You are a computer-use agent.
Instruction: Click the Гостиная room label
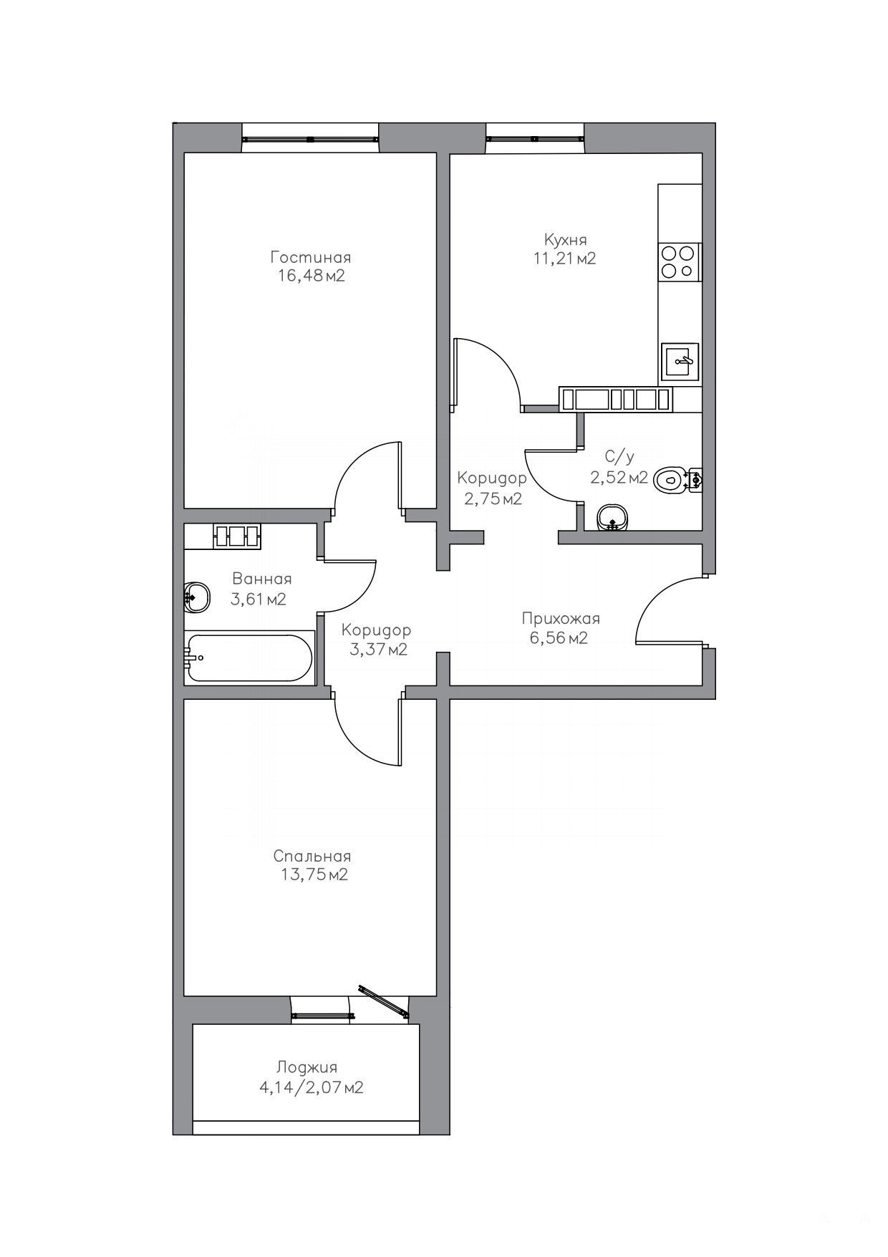[x=310, y=257]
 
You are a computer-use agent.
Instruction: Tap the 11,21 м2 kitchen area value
[x=564, y=259]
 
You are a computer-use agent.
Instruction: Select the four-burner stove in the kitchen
[x=677, y=261]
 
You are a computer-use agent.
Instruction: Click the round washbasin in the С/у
[x=612, y=517]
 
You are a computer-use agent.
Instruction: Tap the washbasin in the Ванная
[x=196, y=596]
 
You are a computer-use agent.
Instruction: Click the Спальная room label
[x=312, y=857]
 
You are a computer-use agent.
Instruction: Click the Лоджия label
[x=309, y=1067]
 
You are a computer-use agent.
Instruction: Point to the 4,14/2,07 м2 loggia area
[x=312, y=1087]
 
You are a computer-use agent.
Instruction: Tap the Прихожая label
[x=561, y=618]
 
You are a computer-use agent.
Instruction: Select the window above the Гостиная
[x=310, y=139]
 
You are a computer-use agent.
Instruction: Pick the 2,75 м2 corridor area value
[x=493, y=499]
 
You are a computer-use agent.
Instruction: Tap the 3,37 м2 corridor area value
[x=378, y=650]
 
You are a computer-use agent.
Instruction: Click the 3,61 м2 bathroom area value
[x=258, y=599]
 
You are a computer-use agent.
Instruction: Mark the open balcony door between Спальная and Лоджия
[x=383, y=1000]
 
